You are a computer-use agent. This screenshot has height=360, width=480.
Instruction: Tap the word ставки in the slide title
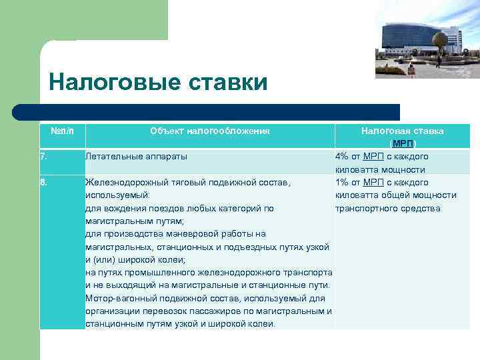click(x=225, y=83)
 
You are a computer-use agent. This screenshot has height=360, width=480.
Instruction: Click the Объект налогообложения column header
click(x=209, y=131)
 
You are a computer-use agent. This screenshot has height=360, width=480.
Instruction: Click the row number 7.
click(x=43, y=157)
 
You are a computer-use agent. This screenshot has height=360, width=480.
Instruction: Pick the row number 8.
click(x=43, y=182)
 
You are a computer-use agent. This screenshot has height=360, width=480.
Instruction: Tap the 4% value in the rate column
click(x=341, y=157)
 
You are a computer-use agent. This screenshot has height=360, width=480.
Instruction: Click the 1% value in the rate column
click(x=341, y=182)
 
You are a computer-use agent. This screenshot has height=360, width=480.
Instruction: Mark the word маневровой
click(x=186, y=234)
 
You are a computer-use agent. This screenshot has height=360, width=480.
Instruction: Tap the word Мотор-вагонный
click(x=121, y=298)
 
